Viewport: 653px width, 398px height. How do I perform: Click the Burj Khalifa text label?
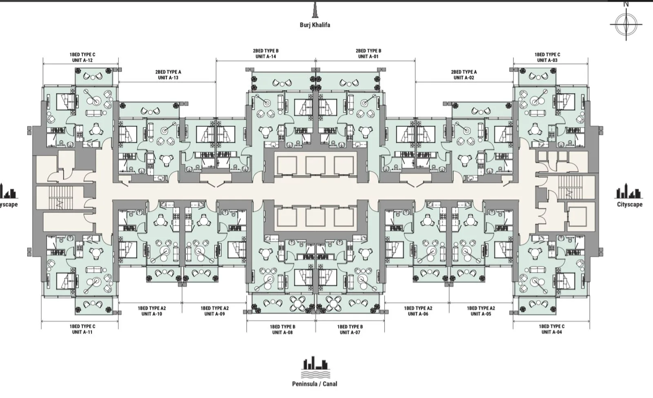coord(315,25)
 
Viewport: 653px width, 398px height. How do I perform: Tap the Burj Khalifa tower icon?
coord(315,10)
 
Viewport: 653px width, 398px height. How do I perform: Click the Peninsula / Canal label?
coord(315,384)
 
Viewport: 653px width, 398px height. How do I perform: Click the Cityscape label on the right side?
coord(630,204)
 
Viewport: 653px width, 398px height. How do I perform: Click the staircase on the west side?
coord(60,197)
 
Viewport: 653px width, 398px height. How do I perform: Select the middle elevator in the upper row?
coord(315,165)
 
